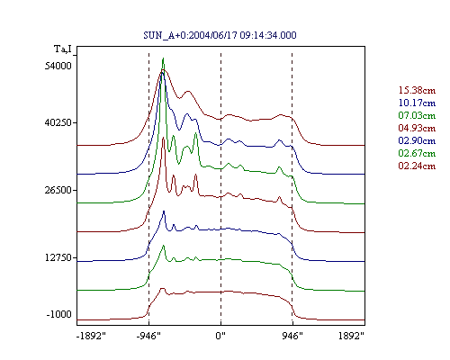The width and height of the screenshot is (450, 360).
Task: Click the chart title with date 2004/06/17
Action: (220, 35)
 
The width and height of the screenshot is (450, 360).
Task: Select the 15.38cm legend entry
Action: (417, 90)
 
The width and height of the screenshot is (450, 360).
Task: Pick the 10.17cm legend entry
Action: (417, 103)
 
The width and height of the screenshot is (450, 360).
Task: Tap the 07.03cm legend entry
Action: (417, 115)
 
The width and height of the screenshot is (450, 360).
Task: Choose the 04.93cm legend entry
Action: (417, 128)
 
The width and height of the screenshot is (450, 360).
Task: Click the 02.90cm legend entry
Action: (417, 140)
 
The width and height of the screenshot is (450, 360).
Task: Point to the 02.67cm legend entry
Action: (417, 153)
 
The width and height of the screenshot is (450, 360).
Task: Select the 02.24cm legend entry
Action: (417, 166)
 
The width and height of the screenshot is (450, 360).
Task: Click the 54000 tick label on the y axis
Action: (58, 66)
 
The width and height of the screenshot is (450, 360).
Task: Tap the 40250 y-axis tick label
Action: (58, 122)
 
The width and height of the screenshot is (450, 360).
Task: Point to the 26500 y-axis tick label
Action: (58, 190)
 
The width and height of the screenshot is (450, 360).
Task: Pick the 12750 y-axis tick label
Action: (58, 257)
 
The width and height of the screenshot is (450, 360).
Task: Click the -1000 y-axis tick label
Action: (59, 314)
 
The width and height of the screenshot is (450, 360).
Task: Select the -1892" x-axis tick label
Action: (92, 336)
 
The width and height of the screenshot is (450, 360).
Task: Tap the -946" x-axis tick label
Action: (148, 336)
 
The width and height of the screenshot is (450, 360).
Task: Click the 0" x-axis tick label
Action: (220, 336)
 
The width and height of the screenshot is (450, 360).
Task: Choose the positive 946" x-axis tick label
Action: (292, 336)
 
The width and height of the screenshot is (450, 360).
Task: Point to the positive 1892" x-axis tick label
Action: (351, 336)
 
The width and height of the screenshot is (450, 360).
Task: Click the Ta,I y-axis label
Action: (63, 49)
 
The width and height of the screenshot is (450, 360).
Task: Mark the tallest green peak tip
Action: (163, 58)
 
